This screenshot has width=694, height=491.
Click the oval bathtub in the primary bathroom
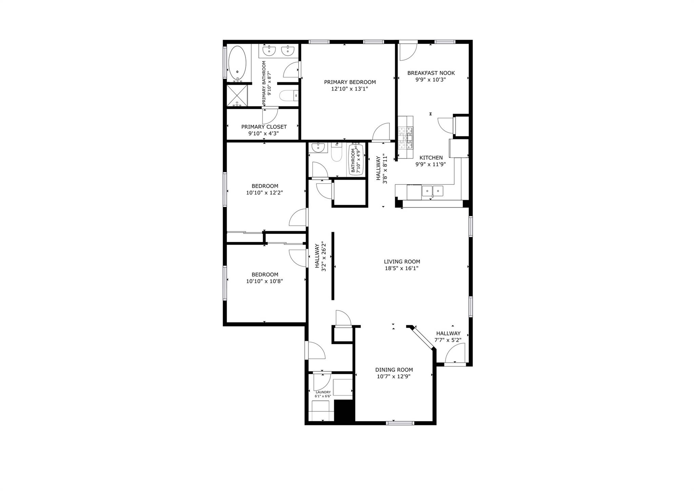tap(237, 63)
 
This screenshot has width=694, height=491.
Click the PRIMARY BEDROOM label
tap(350, 82)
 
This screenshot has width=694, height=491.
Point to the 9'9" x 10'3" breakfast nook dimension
tap(430, 80)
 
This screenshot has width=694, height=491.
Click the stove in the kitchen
tap(406, 137)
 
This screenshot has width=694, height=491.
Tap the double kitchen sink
tap(432, 191)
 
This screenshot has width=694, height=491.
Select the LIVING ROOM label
tap(402, 261)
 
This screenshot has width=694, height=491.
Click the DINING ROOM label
tap(394, 370)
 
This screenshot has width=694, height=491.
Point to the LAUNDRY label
tap(323, 392)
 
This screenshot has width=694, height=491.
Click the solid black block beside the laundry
tap(344, 410)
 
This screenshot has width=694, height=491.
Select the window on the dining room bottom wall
tap(400, 423)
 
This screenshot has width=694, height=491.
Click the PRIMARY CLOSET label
tap(264, 127)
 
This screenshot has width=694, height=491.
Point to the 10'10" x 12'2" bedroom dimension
tap(264, 193)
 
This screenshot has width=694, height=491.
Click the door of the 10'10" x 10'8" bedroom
tap(299, 258)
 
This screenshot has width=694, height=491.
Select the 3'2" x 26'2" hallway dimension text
tap(324, 257)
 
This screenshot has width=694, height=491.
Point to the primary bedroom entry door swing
tap(382, 132)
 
